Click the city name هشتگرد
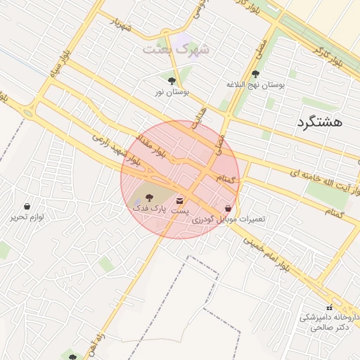tap(320, 122)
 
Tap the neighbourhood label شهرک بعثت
tap(176, 50)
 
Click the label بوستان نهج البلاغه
tap(255, 84)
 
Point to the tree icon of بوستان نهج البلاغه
tap(255, 72)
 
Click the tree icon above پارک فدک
tap(148, 198)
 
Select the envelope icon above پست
tap(181, 200)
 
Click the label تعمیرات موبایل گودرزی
tap(229, 219)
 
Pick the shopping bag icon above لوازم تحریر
tap(27, 207)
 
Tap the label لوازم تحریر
tap(27, 217)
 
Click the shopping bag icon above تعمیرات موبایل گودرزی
tap(228, 208)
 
